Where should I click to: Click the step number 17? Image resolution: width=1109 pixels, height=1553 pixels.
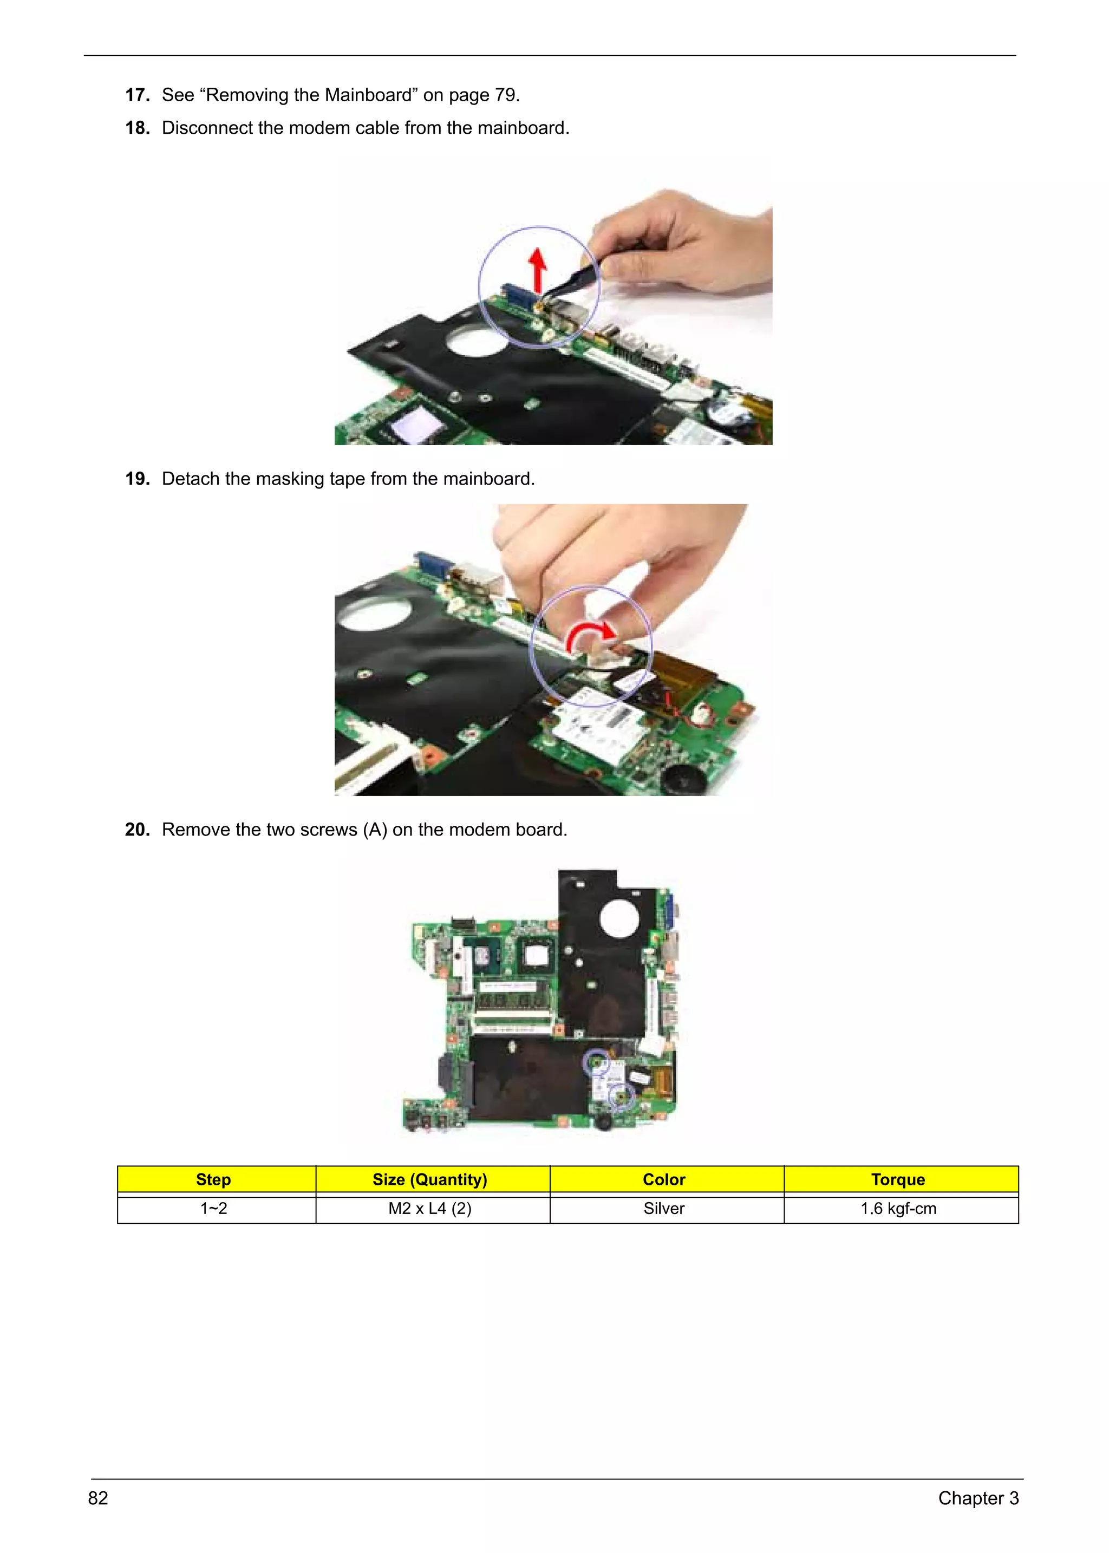tap(137, 95)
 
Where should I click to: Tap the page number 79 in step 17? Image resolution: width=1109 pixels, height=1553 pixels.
tap(505, 95)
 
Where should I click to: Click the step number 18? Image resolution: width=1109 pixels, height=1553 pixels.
tap(137, 128)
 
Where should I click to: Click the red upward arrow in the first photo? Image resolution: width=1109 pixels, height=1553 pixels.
tap(538, 269)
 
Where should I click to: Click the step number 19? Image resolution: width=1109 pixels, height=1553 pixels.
tap(137, 479)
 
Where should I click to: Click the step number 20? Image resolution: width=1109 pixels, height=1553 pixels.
tap(137, 830)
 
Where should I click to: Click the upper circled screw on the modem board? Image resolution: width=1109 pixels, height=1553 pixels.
tap(596, 1062)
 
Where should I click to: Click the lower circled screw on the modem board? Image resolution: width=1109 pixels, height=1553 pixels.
tap(621, 1096)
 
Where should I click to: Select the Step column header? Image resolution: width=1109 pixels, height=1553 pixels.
tap(214, 1179)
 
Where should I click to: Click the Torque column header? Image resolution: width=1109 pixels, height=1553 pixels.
tap(898, 1179)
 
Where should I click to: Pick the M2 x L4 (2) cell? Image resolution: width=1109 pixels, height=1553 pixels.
tap(429, 1209)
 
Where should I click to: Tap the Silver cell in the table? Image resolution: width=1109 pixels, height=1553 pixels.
tap(664, 1209)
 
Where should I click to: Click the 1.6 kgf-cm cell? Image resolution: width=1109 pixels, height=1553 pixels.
tap(898, 1209)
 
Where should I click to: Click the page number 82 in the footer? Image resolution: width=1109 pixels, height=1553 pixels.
tap(99, 1498)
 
